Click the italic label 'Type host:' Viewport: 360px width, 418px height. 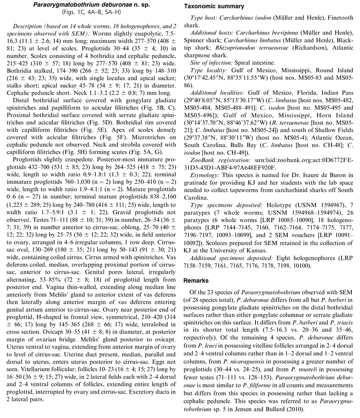(203, 19)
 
